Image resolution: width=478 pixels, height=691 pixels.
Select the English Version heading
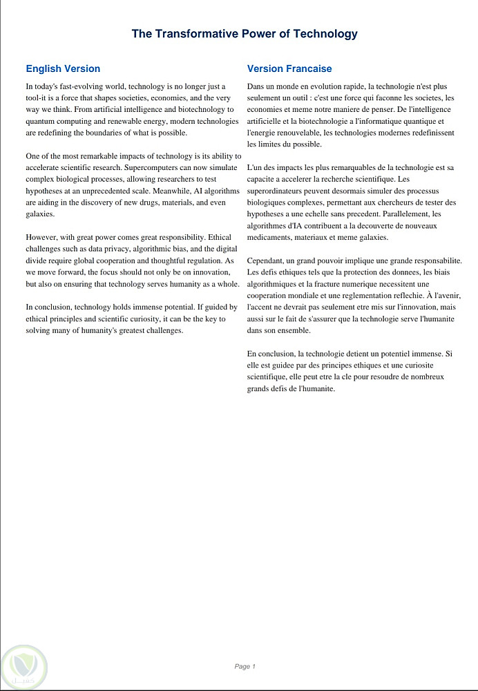point(63,68)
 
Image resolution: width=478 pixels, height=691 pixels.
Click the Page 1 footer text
point(245,666)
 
